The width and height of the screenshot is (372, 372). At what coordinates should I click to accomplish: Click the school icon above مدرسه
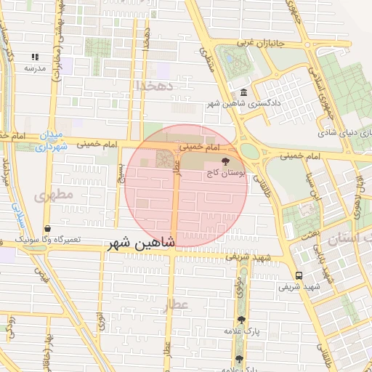34,57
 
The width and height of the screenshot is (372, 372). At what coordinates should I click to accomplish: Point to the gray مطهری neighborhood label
49,195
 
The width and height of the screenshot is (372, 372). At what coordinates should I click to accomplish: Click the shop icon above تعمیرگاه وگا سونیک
47,228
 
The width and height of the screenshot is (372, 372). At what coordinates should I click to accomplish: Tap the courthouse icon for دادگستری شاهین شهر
243,93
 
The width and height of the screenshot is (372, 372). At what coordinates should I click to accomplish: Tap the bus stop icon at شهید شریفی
299,275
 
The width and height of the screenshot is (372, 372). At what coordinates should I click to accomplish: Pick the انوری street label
100,320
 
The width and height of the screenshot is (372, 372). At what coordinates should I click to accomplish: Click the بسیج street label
121,173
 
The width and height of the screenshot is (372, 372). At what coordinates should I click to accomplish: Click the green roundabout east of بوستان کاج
250,151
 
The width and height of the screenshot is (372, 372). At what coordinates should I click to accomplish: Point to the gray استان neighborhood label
349,239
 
